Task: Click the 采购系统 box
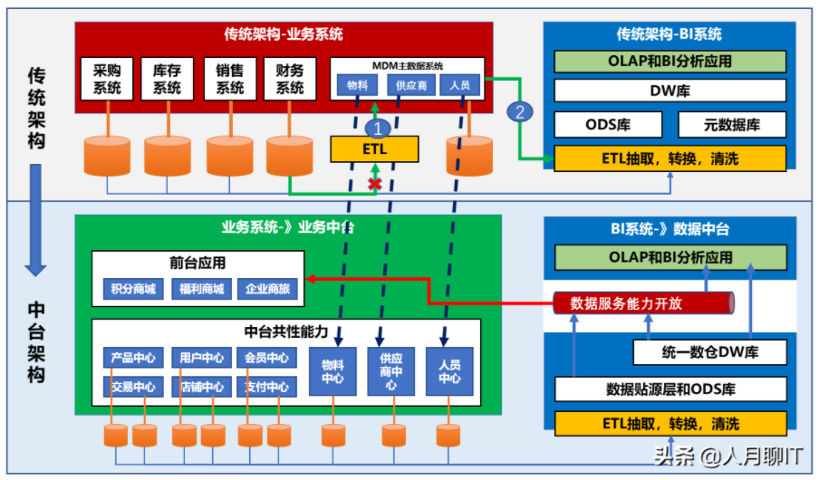point(108,79)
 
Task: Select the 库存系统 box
point(168,79)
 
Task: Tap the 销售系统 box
point(229,79)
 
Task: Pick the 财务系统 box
point(290,79)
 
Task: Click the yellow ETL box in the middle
point(374,149)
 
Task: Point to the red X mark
point(372,184)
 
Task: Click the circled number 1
point(381,128)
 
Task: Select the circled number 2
point(519,112)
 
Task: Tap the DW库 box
point(670,91)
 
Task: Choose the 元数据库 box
point(731,125)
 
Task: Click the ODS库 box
point(607,125)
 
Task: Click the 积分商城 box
point(133,290)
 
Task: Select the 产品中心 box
point(133,358)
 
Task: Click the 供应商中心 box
point(390,371)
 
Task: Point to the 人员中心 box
point(449,371)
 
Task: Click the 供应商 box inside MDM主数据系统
point(411,86)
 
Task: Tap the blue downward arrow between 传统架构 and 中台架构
point(35,217)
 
